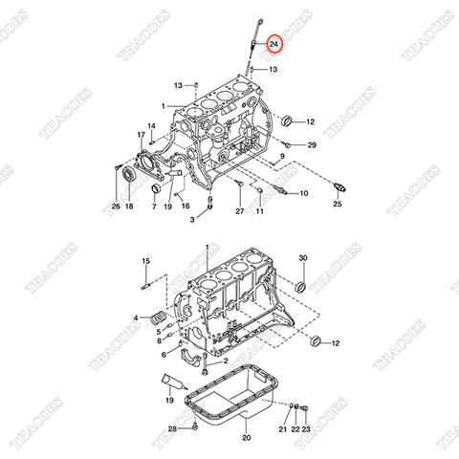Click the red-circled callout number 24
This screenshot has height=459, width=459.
(x=274, y=44)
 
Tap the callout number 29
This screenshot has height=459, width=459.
(x=312, y=144)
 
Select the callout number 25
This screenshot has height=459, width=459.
(x=337, y=204)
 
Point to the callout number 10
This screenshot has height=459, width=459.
(x=304, y=194)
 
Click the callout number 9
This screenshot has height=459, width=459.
(x=283, y=156)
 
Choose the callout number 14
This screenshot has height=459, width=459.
(x=151, y=126)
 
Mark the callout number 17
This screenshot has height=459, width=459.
(x=141, y=135)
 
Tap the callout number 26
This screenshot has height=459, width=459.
(x=116, y=206)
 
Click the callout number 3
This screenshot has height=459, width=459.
(x=191, y=220)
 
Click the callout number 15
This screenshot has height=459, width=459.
(x=145, y=261)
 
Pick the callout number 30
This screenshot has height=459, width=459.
(x=303, y=259)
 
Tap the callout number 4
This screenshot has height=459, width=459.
(x=136, y=317)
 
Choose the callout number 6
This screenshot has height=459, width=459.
(x=164, y=354)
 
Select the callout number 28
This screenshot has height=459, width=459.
(x=172, y=429)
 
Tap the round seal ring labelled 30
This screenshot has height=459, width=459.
(x=300, y=285)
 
